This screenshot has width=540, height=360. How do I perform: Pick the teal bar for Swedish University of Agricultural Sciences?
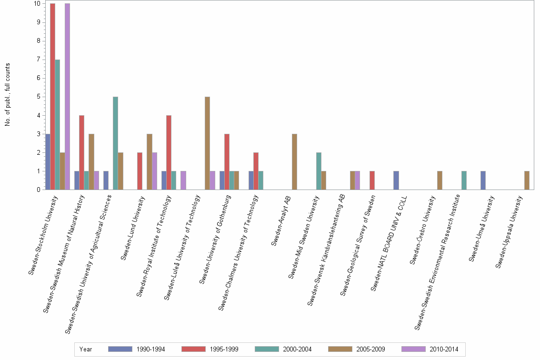pyautogui.click(x=115, y=143)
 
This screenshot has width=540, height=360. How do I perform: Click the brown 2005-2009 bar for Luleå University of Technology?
pyautogui.click(x=207, y=143)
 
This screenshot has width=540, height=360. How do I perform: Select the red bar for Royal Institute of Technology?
pyautogui.click(x=169, y=152)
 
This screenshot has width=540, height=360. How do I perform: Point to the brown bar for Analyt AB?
pyautogui.click(x=294, y=162)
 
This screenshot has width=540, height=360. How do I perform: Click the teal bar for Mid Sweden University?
pyautogui.click(x=319, y=171)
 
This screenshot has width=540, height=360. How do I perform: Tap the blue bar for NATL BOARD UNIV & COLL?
pyautogui.click(x=396, y=180)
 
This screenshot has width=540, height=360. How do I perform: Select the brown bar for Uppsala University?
pyautogui.click(x=527, y=180)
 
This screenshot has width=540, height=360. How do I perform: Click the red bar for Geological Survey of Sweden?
pyautogui.click(x=372, y=180)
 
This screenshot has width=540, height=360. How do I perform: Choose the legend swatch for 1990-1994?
pyautogui.click(x=120, y=349)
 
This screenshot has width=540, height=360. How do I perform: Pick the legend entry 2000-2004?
pyautogui.click(x=297, y=349)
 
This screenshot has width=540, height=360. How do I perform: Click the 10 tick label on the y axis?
pyautogui.click(x=36, y=4)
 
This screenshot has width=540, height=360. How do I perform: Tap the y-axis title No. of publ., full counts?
pyautogui.click(x=8, y=95)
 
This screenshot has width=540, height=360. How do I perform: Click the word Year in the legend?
pyautogui.click(x=86, y=349)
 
